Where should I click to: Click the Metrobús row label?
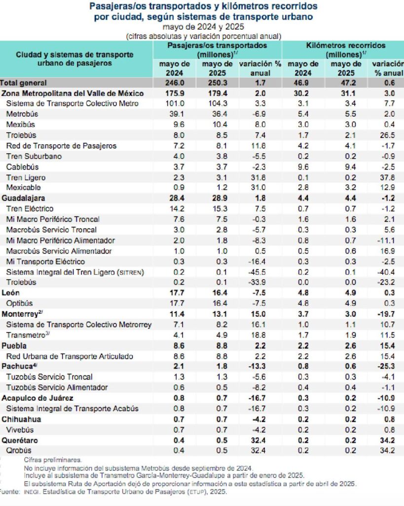22,114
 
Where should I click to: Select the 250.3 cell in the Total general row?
218,83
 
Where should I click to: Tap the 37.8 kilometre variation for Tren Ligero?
387,177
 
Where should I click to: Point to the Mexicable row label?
24,187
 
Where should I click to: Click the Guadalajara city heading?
23,198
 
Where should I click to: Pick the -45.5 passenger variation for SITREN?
257,272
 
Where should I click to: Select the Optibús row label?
19,303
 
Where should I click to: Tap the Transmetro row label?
28,335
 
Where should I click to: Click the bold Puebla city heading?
14,345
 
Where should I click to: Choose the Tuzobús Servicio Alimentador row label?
57,387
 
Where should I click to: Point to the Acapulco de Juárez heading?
37,398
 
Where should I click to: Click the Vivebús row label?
20,430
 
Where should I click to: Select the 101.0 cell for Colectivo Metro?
175,104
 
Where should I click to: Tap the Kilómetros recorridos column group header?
346,50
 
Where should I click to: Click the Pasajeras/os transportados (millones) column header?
217,50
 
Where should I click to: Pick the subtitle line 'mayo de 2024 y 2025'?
203,27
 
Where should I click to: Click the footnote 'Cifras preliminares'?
53,460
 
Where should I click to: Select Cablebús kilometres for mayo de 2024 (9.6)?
303,167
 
